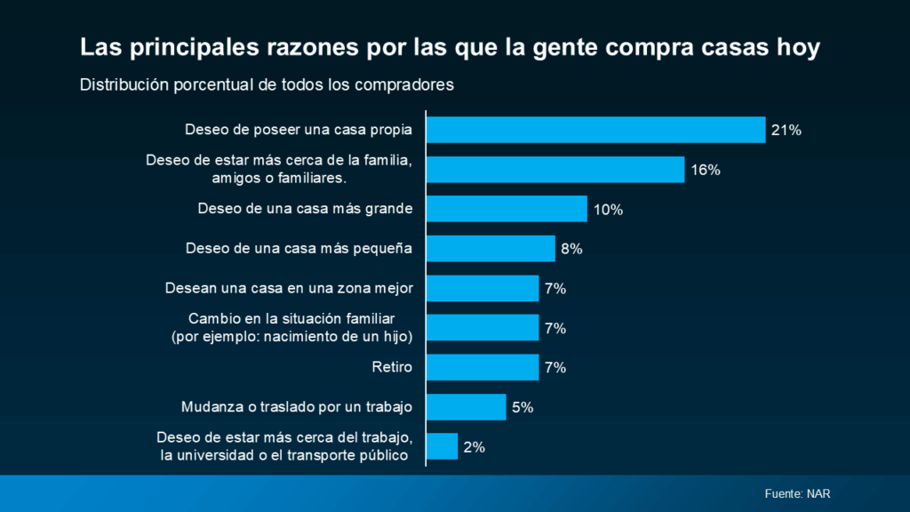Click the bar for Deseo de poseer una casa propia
point(595,130)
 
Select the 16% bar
point(555,170)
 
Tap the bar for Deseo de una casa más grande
point(507,209)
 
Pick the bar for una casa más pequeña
point(491,249)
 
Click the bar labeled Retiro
point(483,367)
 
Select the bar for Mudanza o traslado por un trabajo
point(467,407)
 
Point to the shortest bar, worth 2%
point(443,446)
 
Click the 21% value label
point(786,131)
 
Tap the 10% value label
point(608,210)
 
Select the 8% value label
point(571,250)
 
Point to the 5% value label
point(522,408)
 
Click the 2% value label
point(474,447)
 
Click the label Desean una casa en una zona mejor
point(290,288)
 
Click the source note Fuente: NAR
point(797,493)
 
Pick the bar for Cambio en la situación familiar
point(483,328)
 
